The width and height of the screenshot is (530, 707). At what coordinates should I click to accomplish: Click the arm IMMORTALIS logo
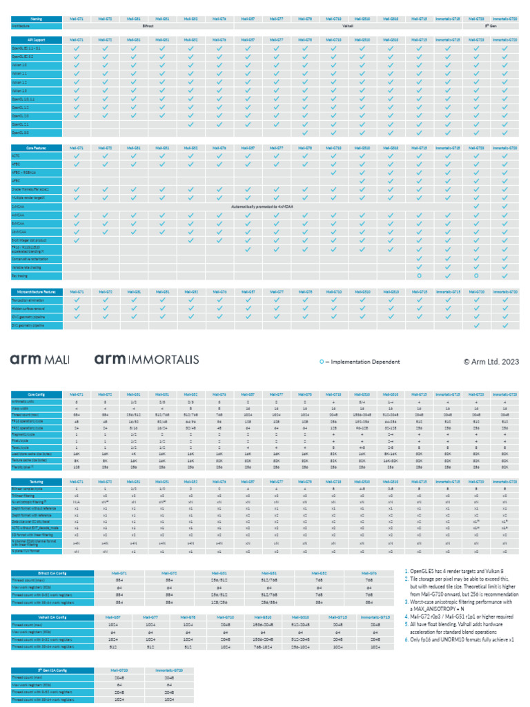[146, 360]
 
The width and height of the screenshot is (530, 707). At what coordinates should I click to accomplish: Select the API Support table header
[36, 40]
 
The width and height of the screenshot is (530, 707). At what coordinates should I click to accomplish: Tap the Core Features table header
[36, 148]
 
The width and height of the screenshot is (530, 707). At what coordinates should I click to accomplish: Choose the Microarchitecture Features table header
[36, 292]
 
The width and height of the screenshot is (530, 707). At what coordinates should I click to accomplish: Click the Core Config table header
[36, 393]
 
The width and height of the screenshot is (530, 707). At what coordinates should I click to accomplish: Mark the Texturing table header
[36, 481]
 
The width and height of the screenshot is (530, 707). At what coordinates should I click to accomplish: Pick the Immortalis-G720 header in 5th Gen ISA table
[169, 670]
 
